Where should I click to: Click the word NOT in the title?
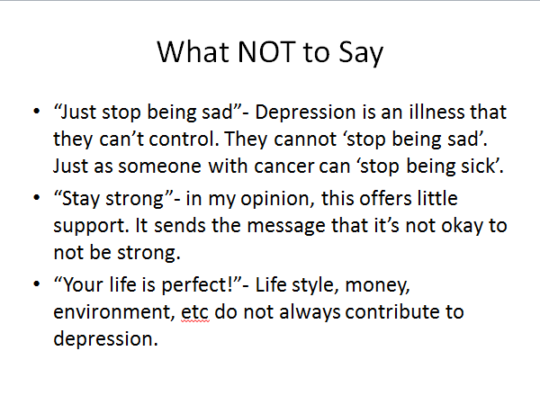tap(266, 51)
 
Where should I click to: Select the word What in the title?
tap(193, 51)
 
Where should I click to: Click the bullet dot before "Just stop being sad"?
tap(37, 111)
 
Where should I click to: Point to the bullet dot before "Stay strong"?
tap(37, 197)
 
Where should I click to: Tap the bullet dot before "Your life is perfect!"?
tap(37, 283)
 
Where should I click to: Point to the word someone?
tap(159, 166)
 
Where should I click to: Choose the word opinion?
tap(277, 200)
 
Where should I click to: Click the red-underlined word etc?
tap(195, 312)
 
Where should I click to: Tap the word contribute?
tap(391, 312)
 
